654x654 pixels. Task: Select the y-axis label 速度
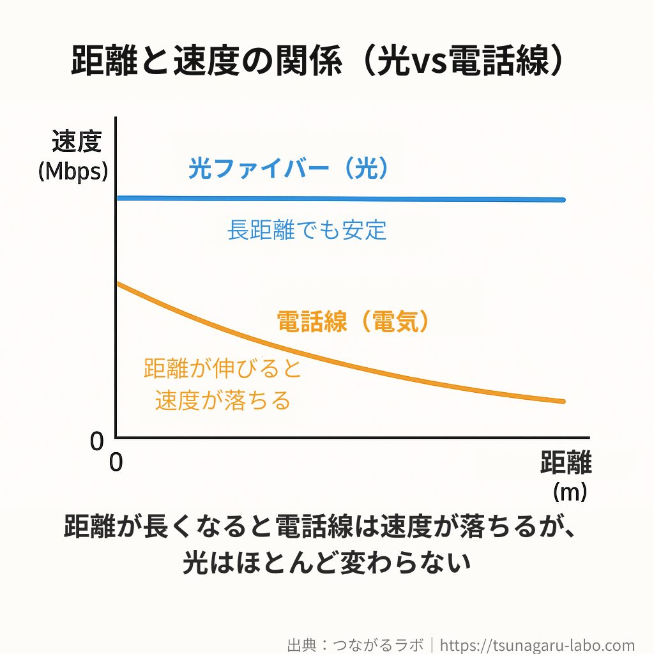tap(77, 142)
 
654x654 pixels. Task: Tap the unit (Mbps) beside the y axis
tap(73, 171)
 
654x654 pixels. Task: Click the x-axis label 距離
tap(565, 463)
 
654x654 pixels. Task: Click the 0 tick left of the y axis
tap(96, 441)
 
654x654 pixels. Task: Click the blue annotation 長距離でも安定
tap(307, 229)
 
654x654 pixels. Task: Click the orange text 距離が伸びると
tap(222, 369)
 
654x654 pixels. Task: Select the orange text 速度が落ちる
tap(223, 400)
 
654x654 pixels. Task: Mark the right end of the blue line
tap(563, 200)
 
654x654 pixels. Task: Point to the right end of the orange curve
tap(563, 401)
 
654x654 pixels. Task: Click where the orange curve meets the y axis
tap(117, 283)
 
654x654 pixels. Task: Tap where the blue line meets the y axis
tap(117, 198)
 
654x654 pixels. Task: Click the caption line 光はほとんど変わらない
tap(326, 563)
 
